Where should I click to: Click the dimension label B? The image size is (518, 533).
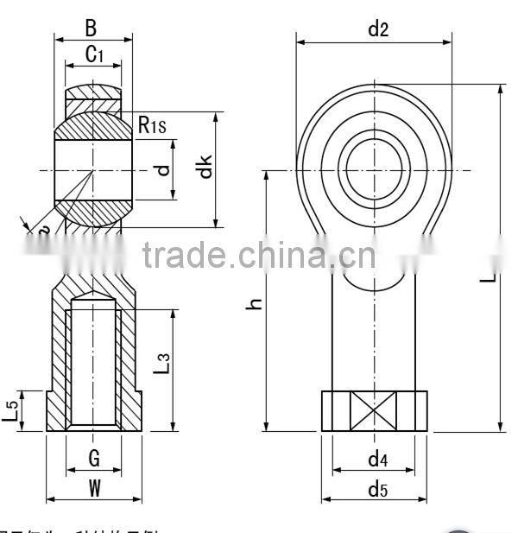point(92,26)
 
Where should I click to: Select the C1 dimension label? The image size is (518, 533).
point(94,55)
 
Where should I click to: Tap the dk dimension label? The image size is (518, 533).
point(204,167)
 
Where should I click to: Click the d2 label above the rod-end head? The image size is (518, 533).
point(377,29)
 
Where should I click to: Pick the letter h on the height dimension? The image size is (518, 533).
point(253,302)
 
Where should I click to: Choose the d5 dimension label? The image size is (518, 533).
point(377,489)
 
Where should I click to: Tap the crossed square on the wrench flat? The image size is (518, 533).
point(374,411)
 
